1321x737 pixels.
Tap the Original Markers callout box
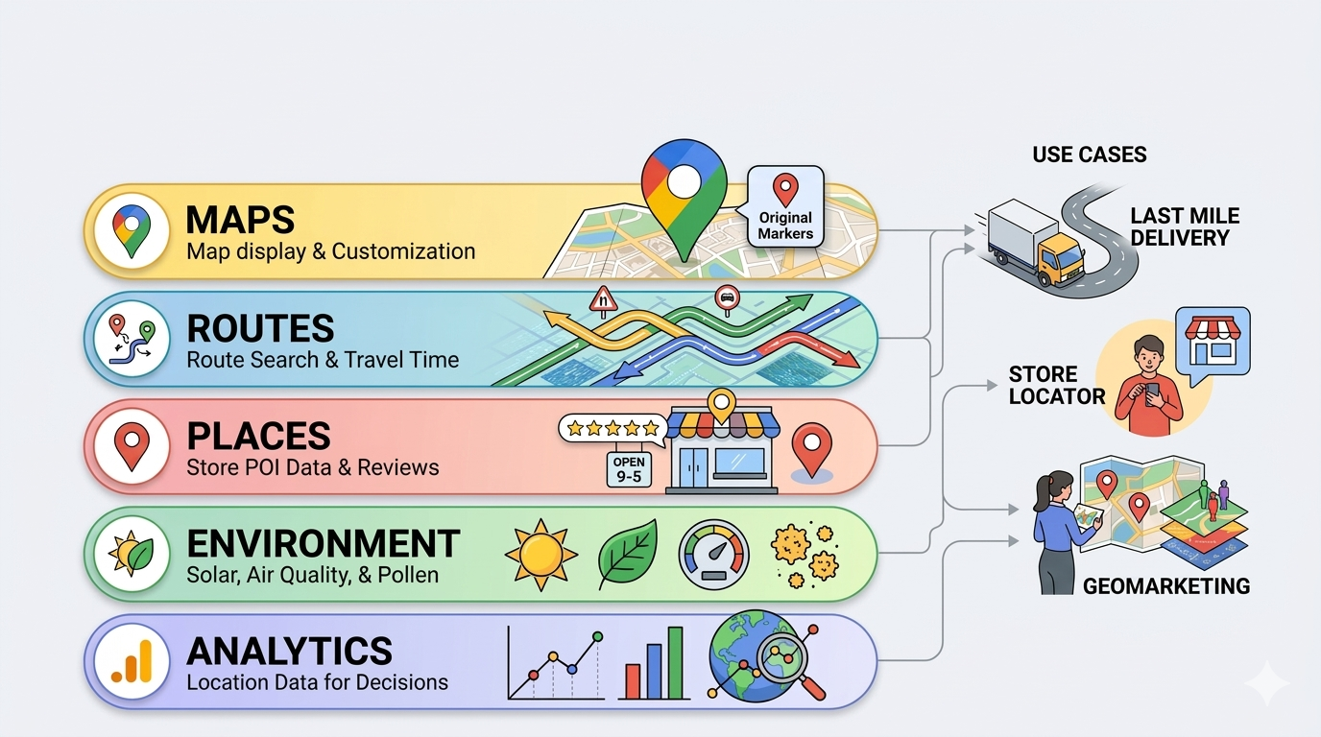[785, 207]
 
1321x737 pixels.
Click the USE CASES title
[1089, 155]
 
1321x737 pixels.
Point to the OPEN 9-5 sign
[628, 469]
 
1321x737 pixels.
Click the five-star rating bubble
[612, 428]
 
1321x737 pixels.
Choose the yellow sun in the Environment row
[540, 554]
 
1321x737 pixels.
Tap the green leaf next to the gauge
[627, 554]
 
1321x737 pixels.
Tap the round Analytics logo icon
[131, 661]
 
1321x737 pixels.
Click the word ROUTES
[260, 329]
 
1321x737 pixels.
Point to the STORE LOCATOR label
[1055, 385]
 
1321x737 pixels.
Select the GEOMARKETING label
[1165, 585]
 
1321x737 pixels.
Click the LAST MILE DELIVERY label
[1184, 226]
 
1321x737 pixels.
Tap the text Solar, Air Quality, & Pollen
[312, 575]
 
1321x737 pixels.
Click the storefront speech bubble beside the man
[1216, 342]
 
